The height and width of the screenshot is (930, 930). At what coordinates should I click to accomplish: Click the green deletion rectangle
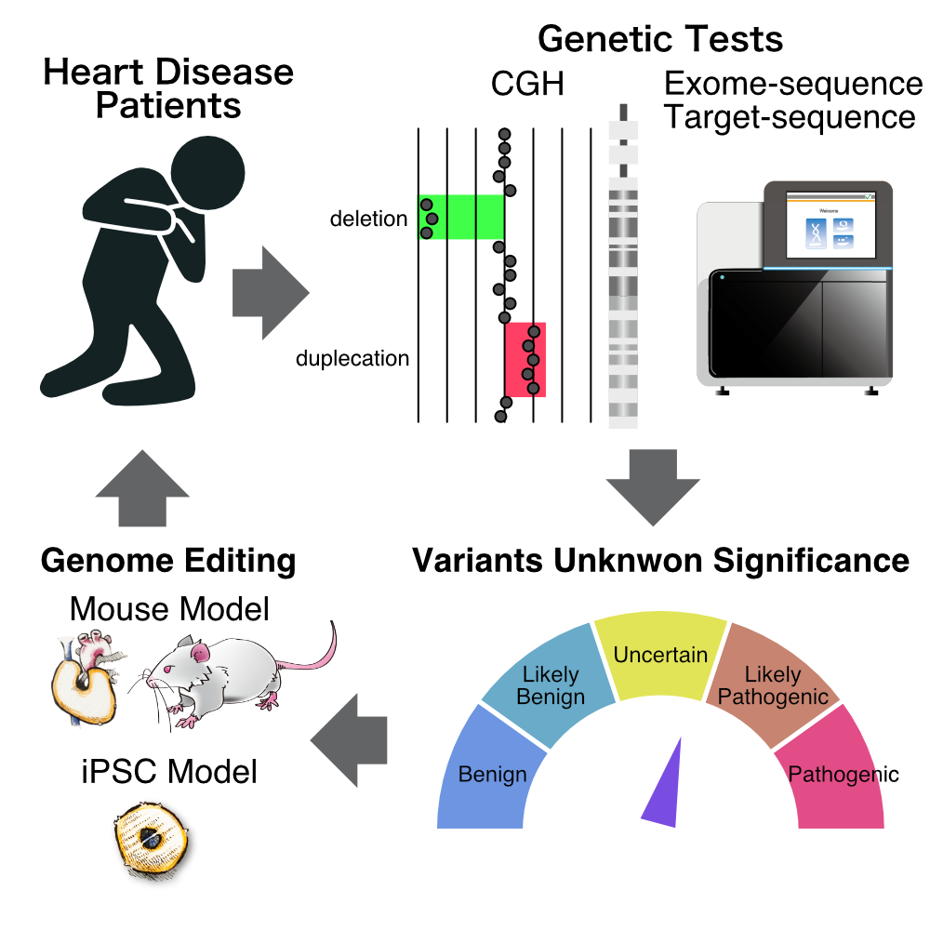tap(461, 217)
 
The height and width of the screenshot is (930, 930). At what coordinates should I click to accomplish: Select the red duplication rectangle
tap(525, 359)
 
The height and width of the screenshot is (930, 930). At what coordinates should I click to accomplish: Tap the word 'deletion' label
tap(369, 219)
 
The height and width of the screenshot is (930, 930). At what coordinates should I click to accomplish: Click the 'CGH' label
tap(527, 84)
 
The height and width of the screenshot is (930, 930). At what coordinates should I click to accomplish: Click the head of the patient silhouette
tap(207, 173)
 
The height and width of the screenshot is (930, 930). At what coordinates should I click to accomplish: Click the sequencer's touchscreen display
tap(830, 225)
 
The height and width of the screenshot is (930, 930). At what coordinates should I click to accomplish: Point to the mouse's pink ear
tap(200, 653)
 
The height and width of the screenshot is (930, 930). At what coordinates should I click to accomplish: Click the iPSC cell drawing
tap(151, 838)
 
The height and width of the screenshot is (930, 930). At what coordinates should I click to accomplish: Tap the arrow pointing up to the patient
tap(142, 488)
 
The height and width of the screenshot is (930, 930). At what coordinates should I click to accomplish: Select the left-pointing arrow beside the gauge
tap(349, 740)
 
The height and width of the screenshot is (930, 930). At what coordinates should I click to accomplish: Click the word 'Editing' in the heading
tap(240, 561)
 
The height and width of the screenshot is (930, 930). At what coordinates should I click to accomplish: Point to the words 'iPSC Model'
tap(169, 772)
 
